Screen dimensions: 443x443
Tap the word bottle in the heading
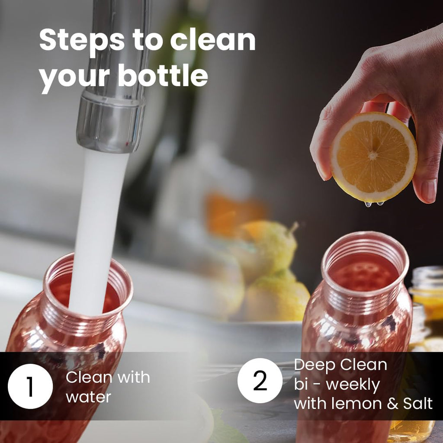click(x=163, y=75)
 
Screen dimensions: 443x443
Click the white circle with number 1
click(x=30, y=386)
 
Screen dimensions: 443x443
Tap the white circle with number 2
click(x=260, y=380)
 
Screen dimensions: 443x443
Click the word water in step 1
click(x=88, y=397)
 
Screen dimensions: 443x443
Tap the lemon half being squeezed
click(x=374, y=157)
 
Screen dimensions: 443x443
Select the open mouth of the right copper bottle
click(x=365, y=264)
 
